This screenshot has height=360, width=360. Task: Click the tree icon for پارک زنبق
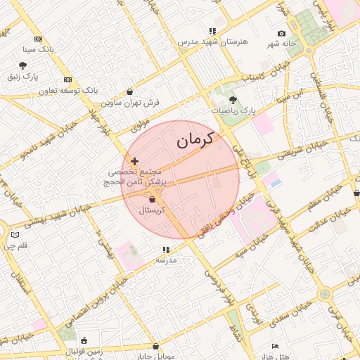point(22,65)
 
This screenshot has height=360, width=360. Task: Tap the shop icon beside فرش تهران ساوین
point(130,91)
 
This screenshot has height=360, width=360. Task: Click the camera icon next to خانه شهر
point(282,34)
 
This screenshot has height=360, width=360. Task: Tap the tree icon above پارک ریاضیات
point(233,99)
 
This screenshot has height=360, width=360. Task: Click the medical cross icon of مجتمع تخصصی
point(135,161)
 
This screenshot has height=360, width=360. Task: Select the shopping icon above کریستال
point(152,200)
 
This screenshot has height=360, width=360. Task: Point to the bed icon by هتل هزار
point(275,346)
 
